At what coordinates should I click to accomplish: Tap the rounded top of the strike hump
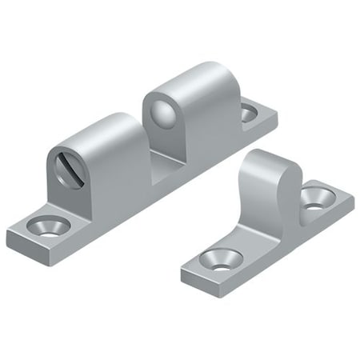(x=273, y=160)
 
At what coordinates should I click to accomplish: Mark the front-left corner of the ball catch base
(x=10, y=238)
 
